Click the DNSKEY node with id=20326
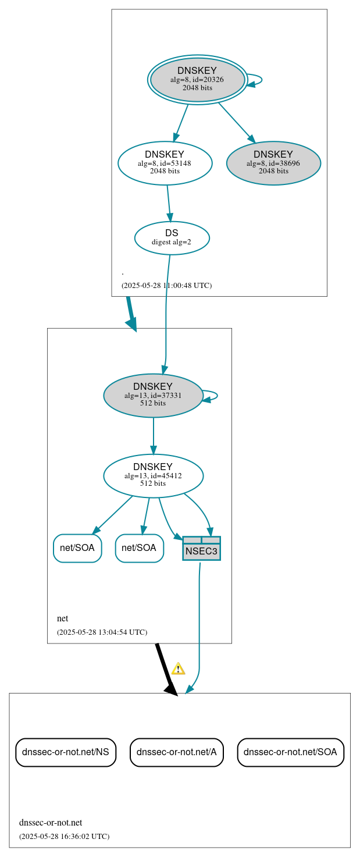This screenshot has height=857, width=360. click(197, 80)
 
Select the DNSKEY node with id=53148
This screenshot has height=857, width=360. click(165, 163)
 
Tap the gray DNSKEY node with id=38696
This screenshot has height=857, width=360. click(273, 163)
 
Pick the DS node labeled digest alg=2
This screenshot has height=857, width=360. click(172, 237)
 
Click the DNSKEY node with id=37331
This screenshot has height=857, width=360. click(153, 395)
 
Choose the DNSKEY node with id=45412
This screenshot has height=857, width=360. click(153, 475)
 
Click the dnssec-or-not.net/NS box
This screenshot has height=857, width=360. click(66, 752)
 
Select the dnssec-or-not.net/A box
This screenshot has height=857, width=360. click(176, 752)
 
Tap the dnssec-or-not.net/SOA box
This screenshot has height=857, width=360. click(290, 752)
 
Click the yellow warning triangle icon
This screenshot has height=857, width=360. click(178, 668)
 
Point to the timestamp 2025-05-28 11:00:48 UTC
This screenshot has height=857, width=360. click(166, 286)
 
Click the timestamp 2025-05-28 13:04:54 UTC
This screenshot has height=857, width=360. click(102, 632)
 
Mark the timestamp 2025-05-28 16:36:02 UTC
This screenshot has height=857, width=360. click(64, 836)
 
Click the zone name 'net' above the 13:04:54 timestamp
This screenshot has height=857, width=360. click(62, 618)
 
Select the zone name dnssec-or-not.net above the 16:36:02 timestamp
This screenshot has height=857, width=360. click(51, 822)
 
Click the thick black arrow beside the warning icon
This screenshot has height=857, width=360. click(165, 668)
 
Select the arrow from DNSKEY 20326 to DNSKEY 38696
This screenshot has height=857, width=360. click(237, 122)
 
